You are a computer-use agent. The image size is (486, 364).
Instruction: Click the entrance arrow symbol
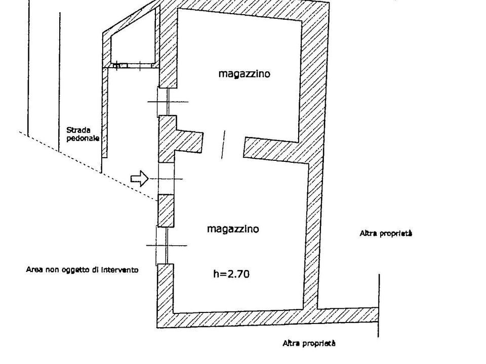click(140, 178)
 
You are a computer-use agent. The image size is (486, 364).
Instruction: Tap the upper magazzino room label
click(244, 74)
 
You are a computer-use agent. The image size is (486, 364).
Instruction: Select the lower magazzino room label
click(233, 229)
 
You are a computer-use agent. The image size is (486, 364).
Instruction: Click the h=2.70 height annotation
click(231, 274)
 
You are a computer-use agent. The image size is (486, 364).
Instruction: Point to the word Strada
click(78, 130)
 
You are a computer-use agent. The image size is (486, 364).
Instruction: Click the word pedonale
click(83, 138)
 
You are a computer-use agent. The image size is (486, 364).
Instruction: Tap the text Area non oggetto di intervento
click(82, 269)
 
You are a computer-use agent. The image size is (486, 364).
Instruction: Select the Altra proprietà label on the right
click(386, 234)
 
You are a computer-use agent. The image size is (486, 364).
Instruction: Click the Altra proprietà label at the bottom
click(309, 343)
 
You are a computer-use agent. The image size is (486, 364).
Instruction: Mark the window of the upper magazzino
click(168, 102)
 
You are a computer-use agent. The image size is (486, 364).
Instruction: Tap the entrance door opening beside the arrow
click(166, 178)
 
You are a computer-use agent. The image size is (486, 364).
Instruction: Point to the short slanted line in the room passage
click(223, 145)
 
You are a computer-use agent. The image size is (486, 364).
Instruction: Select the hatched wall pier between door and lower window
click(166, 210)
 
